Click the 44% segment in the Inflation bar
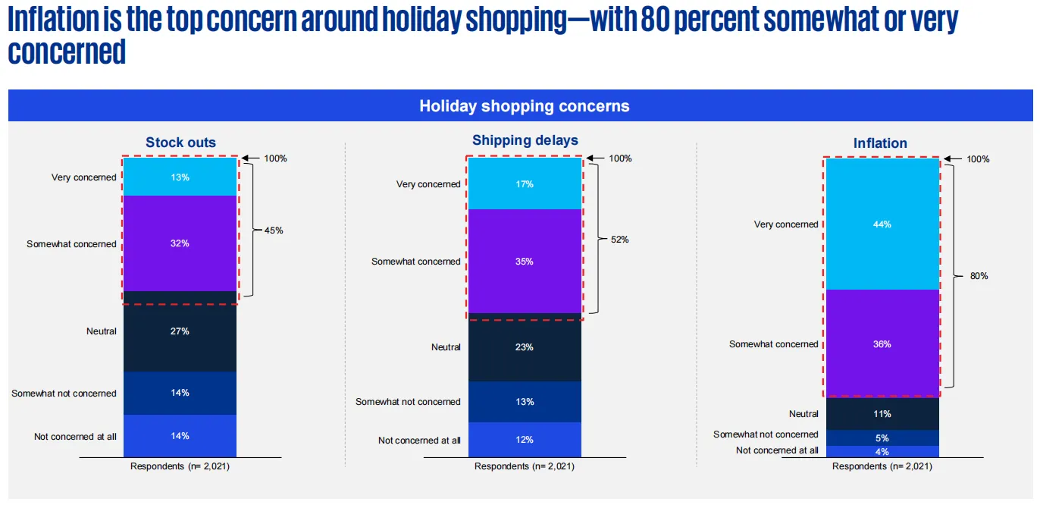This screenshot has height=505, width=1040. [x=882, y=224]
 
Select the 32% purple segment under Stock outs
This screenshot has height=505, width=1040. [x=180, y=243]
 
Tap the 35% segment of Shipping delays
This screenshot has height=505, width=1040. [x=525, y=261]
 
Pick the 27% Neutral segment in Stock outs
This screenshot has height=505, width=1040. [x=180, y=331]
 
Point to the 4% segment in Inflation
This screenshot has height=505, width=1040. [x=882, y=451]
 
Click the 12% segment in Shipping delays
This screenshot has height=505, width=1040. [x=525, y=440]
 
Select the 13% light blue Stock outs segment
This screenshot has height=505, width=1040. [x=180, y=177]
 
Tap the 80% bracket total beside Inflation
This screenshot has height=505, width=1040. [x=979, y=276]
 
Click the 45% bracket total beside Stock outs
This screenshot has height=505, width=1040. [x=274, y=230]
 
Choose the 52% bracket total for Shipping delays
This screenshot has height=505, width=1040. [x=619, y=239]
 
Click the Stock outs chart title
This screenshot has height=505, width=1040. [x=180, y=143]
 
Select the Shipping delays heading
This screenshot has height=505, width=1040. [x=525, y=140]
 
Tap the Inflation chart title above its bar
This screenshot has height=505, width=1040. [x=880, y=143]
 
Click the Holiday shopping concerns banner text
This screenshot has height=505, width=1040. [x=524, y=106]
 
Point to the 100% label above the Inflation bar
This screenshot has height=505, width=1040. [x=978, y=159]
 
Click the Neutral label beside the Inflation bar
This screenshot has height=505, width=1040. [x=803, y=414]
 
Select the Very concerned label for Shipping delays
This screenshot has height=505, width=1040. [x=428, y=184]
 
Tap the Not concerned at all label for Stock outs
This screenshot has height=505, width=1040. [x=75, y=436]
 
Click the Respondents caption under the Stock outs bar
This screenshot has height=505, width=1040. [x=180, y=466]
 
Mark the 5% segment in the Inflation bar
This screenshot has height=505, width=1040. [x=882, y=438]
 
